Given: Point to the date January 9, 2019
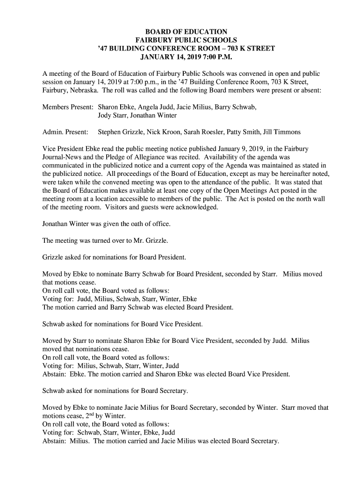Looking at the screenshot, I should [252, 149].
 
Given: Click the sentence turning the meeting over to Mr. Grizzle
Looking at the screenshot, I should [105, 241].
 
